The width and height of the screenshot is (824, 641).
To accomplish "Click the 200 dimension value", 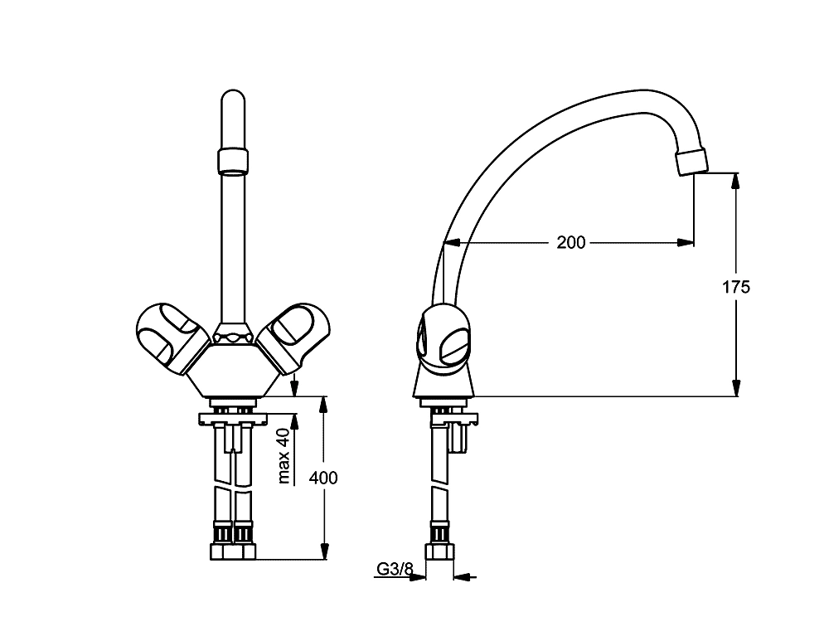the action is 570,242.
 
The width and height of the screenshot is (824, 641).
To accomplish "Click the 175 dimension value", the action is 736,287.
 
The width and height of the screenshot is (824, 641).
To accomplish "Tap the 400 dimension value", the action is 323,478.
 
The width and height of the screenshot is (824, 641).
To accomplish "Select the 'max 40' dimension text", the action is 284,455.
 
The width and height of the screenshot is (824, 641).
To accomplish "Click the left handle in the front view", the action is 170,338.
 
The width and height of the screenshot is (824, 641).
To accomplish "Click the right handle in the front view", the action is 297,338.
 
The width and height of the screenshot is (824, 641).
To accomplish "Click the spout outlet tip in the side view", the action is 693,163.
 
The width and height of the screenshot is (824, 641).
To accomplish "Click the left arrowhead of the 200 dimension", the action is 453,242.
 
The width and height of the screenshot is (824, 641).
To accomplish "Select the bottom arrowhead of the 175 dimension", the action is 736,387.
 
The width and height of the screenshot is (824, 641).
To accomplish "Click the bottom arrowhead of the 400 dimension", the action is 324,550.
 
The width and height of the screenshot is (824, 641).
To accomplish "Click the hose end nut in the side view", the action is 439,552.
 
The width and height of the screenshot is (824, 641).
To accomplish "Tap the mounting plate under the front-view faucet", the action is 233,419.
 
